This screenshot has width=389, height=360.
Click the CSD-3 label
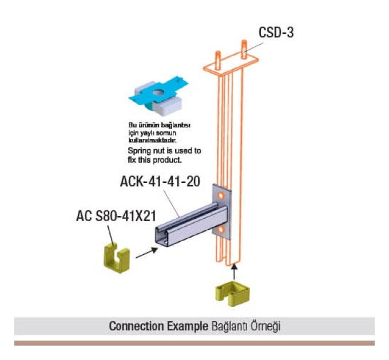[x=276, y=32]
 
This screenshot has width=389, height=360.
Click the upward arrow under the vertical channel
[x=232, y=270]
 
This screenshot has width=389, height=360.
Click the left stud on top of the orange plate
[x=219, y=57]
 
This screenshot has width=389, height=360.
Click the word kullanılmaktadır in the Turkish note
[x=149, y=139]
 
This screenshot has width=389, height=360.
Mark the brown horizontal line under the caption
[x=194, y=343]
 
